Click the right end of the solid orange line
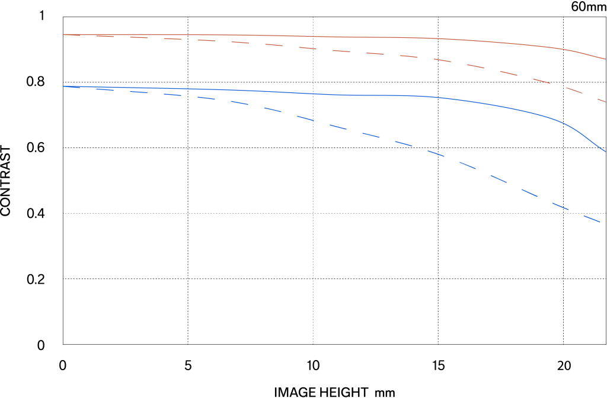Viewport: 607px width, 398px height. pyautogui.click(x=605, y=59)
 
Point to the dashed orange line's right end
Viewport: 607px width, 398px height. pyautogui.click(x=605, y=101)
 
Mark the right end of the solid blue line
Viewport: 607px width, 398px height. pyautogui.click(x=605, y=151)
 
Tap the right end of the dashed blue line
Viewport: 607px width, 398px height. pyautogui.click(x=600, y=222)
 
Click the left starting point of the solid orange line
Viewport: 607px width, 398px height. pyautogui.click(x=63, y=34)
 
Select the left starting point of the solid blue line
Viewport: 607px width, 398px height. pyautogui.click(x=63, y=86)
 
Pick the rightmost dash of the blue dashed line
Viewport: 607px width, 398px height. pyautogui.click(x=592, y=219)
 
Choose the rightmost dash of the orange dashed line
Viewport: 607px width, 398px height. pyautogui.click(x=602, y=99)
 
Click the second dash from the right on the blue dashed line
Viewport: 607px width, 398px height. pyautogui.click(x=561, y=206)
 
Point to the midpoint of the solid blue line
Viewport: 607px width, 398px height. pyautogui.click(x=335, y=95)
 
